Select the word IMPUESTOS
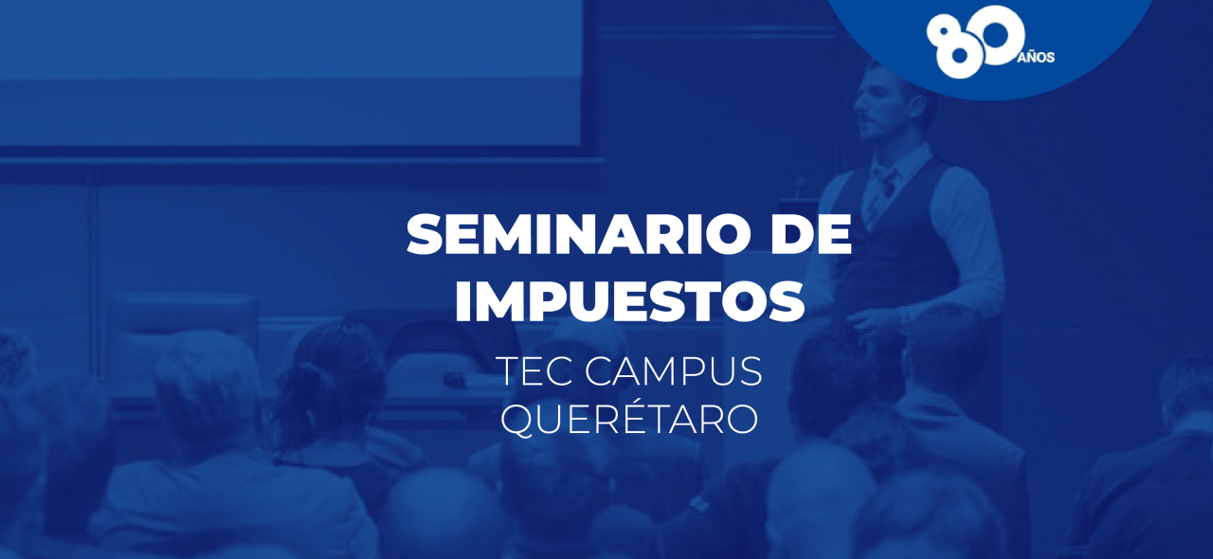628,300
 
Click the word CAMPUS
673,371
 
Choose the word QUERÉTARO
628,419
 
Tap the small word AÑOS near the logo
1036,57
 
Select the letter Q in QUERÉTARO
517,419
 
